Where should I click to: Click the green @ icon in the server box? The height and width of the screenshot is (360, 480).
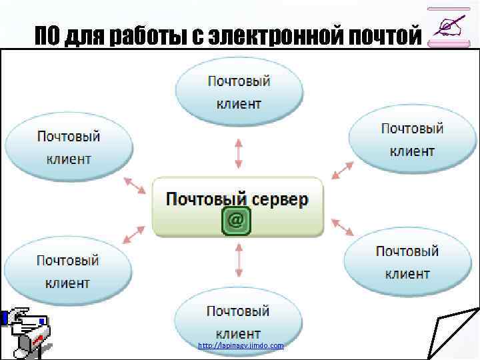pyautogui.click(x=236, y=221)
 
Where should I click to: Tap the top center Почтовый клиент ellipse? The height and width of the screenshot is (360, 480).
pyautogui.click(x=239, y=92)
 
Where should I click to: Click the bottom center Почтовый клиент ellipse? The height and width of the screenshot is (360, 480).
pyautogui.click(x=238, y=321)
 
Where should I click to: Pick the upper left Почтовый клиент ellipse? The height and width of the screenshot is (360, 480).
pyautogui.click(x=69, y=147)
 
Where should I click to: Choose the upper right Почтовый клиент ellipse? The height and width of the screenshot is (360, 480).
pyautogui.click(x=412, y=139)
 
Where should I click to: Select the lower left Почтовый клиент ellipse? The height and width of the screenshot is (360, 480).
pyautogui.click(x=68, y=271)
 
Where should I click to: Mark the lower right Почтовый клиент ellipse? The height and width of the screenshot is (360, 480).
pyautogui.click(x=407, y=262)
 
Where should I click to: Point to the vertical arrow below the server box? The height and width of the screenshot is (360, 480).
pyautogui.click(x=239, y=260)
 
